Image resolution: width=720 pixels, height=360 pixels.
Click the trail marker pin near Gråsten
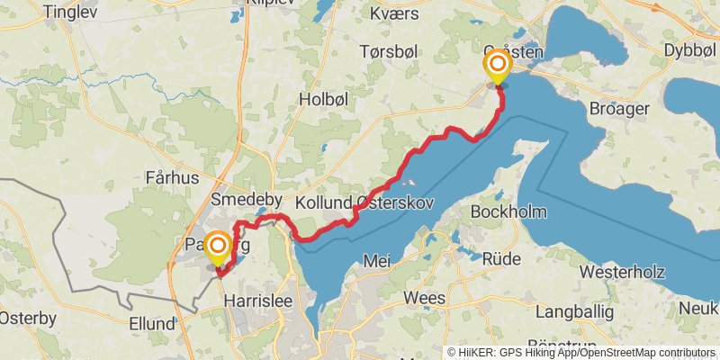click(497, 67)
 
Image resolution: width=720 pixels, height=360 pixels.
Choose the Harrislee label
click(257, 301)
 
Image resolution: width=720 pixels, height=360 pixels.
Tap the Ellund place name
click(152, 323)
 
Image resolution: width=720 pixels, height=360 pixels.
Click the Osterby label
click(27, 318)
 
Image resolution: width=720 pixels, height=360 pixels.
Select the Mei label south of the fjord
click(376, 260)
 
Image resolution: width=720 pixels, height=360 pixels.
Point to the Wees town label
click(425, 298)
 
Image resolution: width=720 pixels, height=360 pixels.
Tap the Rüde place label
click(501, 259)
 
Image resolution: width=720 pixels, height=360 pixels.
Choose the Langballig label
click(573, 312)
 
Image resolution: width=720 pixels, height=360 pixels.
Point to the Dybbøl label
click(690, 51)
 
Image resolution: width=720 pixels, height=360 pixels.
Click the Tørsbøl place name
click(389, 50)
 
